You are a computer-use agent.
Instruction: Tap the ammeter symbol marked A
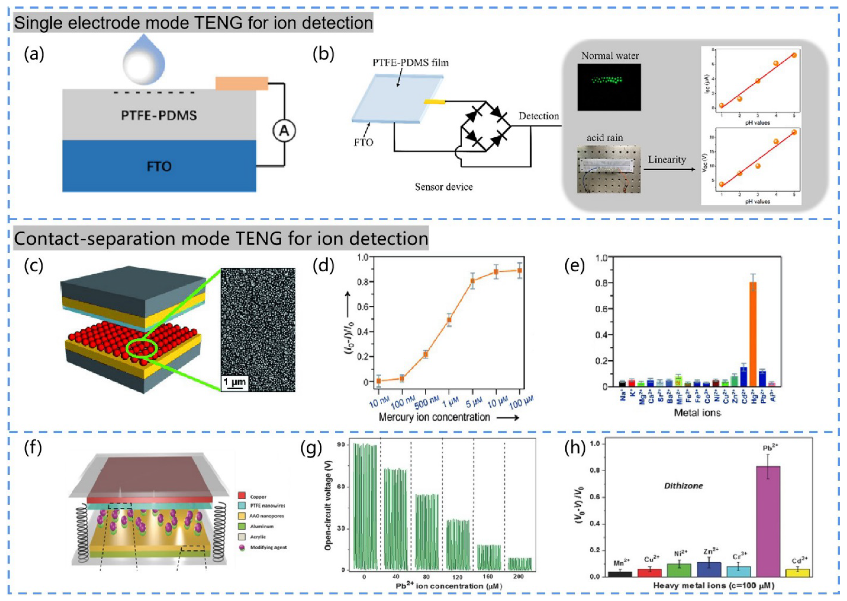[x=284, y=131]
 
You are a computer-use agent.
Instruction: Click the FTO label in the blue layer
[x=159, y=167]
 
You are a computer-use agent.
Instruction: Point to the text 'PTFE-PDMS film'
[x=410, y=63]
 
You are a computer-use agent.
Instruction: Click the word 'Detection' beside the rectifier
[x=539, y=116]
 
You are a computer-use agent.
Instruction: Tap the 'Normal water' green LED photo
[x=609, y=87]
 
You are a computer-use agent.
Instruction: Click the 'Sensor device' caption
[x=444, y=187]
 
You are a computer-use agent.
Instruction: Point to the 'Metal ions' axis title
[x=697, y=413]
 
